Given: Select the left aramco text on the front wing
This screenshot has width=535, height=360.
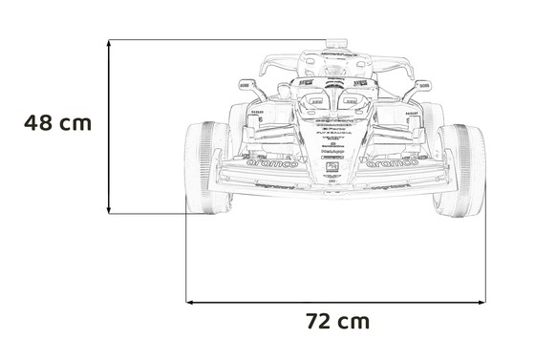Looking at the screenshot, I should click(272, 163).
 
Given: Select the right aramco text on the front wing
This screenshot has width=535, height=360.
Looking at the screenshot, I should click(396, 163).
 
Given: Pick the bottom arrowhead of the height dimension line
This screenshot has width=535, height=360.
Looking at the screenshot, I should click(110, 211).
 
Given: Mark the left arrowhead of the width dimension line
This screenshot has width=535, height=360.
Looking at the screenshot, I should click(188, 301).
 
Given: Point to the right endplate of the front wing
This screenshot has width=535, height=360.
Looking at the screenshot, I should click(446, 172).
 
